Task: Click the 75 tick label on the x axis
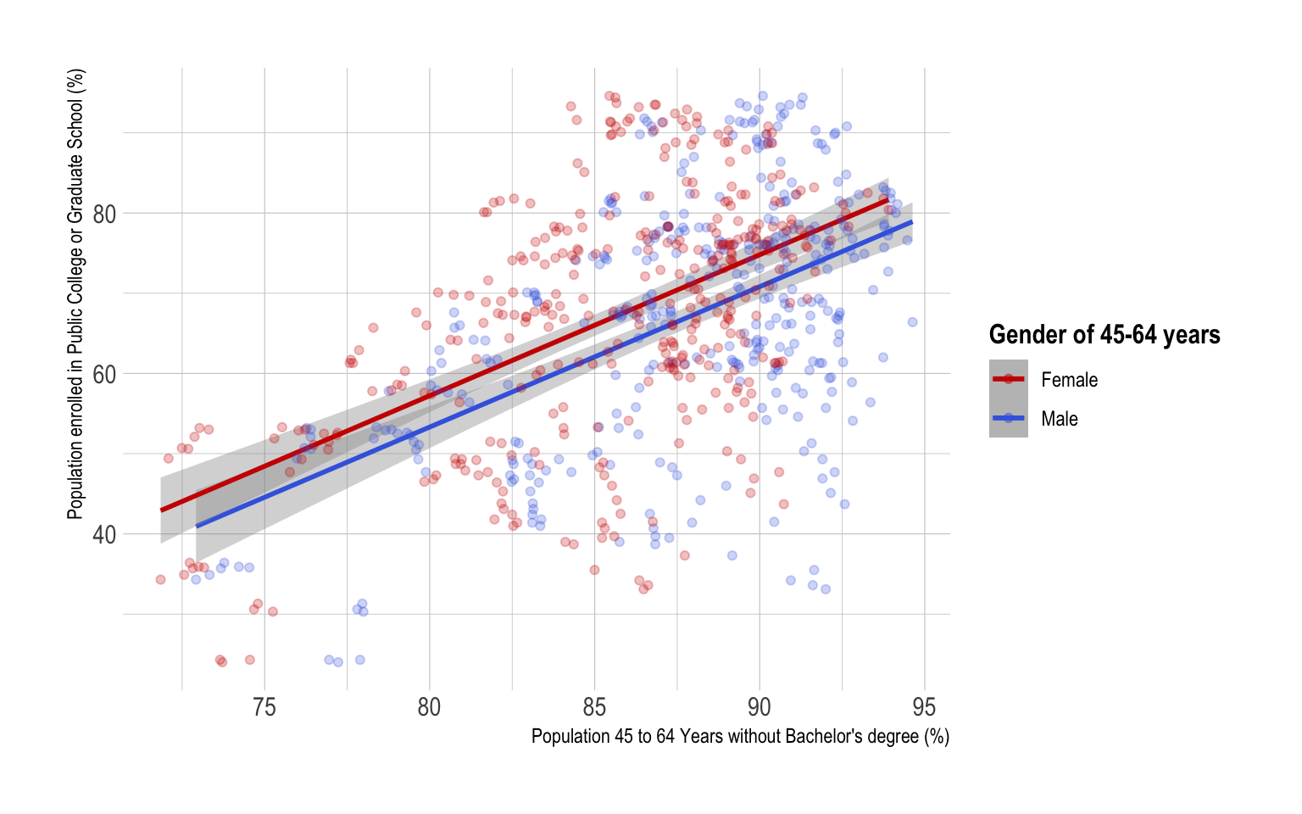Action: pyautogui.click(x=264, y=707)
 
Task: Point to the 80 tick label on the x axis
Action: pyautogui.click(x=429, y=707)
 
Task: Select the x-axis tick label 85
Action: pyautogui.click(x=594, y=707)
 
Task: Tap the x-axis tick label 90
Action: pyautogui.click(x=759, y=707)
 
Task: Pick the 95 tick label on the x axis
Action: pyautogui.click(x=924, y=707)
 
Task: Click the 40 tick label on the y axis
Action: pyautogui.click(x=104, y=535)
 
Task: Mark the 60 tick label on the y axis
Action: pyautogui.click(x=104, y=374)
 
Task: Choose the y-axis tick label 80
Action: pyautogui.click(x=104, y=214)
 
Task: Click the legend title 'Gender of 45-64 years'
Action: pyautogui.click(x=1104, y=335)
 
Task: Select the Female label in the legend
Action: pyautogui.click(x=1069, y=380)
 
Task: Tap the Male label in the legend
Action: pyautogui.click(x=1060, y=419)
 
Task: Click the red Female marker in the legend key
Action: pyautogui.click(x=1008, y=379)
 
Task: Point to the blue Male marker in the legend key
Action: pyautogui.click(x=1008, y=418)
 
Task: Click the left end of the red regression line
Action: pyautogui.click(x=162, y=510)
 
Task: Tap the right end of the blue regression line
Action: pyautogui.click(x=912, y=222)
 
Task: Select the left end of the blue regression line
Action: pyautogui.click(x=197, y=527)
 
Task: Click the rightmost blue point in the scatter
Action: pyautogui.click(x=912, y=322)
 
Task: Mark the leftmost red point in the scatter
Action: pyautogui.click(x=160, y=580)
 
